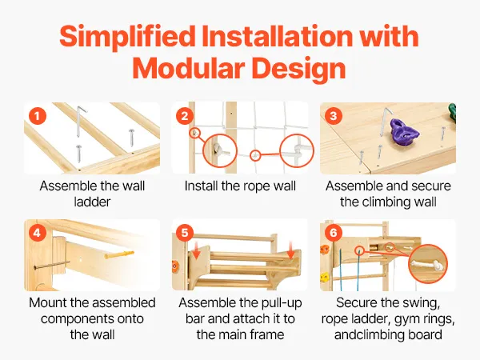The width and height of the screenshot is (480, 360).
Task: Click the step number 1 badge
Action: point(38,116)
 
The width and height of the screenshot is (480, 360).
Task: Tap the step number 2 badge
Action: point(185,116)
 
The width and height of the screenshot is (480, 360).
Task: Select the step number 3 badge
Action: point(334,116)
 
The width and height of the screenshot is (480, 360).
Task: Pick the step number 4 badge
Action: point(38,234)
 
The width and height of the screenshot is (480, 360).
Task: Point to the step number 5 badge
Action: point(185,234)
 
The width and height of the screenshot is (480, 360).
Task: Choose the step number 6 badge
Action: point(334,234)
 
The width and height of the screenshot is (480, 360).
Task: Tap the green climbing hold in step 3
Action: point(452,113)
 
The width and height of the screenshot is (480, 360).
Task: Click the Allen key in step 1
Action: point(79,122)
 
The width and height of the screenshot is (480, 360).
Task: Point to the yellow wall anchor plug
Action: point(118,254)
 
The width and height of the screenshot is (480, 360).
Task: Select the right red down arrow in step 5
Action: point(290,250)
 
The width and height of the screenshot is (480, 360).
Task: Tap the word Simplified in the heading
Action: point(127,37)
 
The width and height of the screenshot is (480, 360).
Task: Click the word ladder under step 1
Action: point(92,202)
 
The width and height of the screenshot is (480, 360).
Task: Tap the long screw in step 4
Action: point(51,265)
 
